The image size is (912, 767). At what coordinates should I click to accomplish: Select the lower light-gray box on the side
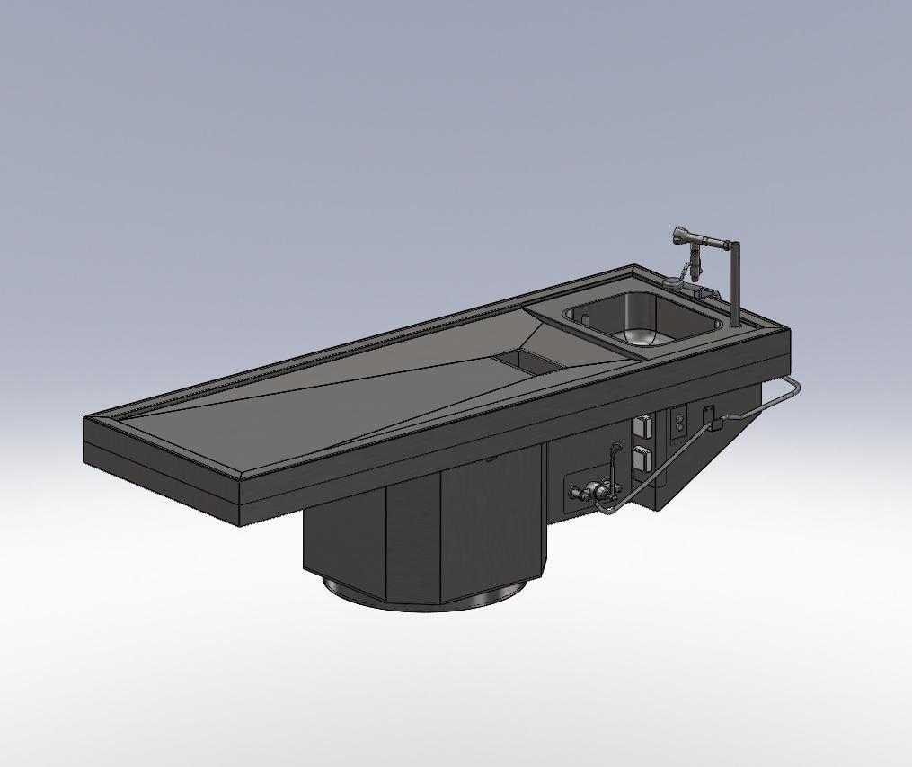(643, 459)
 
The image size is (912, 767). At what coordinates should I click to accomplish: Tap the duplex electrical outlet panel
(677, 423)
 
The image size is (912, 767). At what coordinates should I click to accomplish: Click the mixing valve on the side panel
(591, 492)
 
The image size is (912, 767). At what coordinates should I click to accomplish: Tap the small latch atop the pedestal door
(489, 460)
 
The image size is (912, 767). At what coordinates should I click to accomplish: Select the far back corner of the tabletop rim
(634, 267)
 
